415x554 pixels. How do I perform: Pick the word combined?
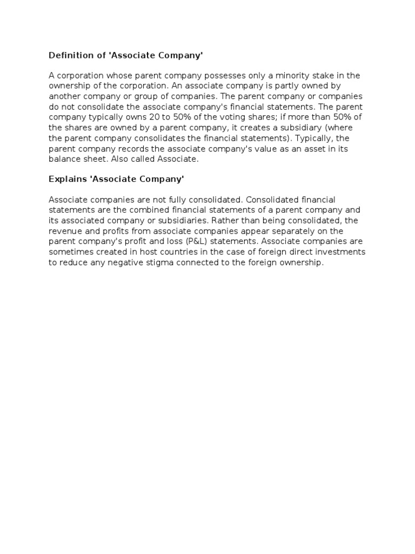click(x=146, y=210)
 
